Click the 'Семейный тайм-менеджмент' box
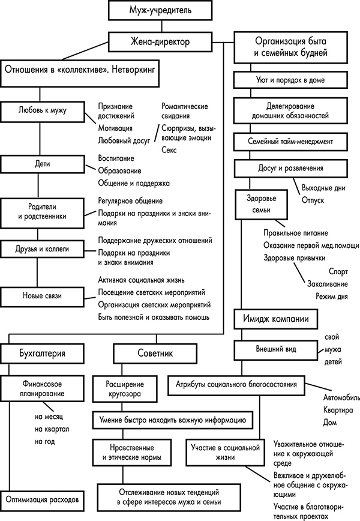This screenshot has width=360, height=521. tap(290, 142)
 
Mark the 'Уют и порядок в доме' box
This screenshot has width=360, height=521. tap(290, 79)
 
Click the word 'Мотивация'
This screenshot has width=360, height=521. tap(115, 128)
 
